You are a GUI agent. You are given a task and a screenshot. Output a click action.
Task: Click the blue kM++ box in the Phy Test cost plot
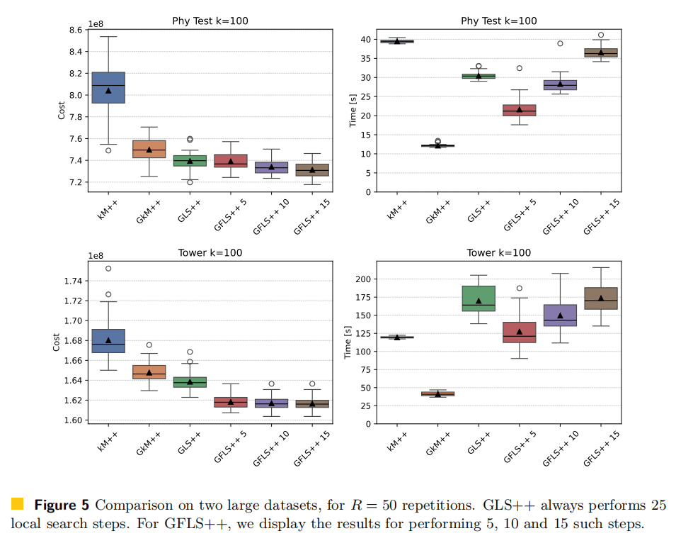coord(108,87)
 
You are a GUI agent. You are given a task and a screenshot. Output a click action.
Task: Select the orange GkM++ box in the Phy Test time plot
coord(437,145)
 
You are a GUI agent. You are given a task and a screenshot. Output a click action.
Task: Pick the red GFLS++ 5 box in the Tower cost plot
coord(231,402)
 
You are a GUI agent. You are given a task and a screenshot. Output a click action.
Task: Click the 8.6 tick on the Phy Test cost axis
coord(76,30)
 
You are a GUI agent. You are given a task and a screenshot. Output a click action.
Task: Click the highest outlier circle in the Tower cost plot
coord(108,269)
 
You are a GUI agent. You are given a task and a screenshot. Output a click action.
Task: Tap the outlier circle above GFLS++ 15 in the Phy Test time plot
coord(601,35)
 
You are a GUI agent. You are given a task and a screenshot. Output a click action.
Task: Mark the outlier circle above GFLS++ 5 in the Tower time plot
coord(519,289)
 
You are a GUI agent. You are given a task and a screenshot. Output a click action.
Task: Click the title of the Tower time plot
coord(499,253)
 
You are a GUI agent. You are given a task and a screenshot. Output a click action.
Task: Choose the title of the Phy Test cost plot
coord(210,20)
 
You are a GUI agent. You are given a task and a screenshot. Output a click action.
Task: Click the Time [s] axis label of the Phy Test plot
coord(353,110)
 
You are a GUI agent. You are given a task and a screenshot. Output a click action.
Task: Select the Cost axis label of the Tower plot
coord(57,342)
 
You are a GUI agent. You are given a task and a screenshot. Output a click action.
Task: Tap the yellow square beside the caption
coord(18,504)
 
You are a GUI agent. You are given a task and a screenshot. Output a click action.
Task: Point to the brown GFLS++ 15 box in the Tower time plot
coord(601,298)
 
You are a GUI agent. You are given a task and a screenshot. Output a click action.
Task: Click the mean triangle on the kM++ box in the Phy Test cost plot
coord(108,91)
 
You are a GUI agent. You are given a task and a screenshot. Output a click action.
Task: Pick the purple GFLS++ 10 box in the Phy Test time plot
coord(560,85)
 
